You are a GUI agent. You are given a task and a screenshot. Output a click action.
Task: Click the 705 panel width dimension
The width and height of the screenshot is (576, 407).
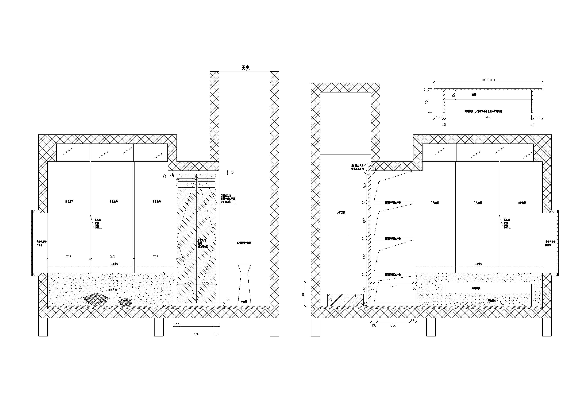coord(156,257)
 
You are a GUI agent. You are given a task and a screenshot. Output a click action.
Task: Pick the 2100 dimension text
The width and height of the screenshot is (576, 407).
coord(111,278)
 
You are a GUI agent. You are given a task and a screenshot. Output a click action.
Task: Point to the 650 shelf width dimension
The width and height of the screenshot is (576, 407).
coord(393,286)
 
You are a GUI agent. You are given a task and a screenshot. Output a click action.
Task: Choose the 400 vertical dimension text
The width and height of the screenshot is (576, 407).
coord(303,293)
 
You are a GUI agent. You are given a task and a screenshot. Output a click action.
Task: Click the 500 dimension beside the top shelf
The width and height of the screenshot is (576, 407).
coord(365,186)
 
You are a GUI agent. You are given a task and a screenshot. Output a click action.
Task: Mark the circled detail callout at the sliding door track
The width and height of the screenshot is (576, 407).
coord(370,169)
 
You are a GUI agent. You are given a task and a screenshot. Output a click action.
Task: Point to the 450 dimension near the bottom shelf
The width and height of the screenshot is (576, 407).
coord(365,289)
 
